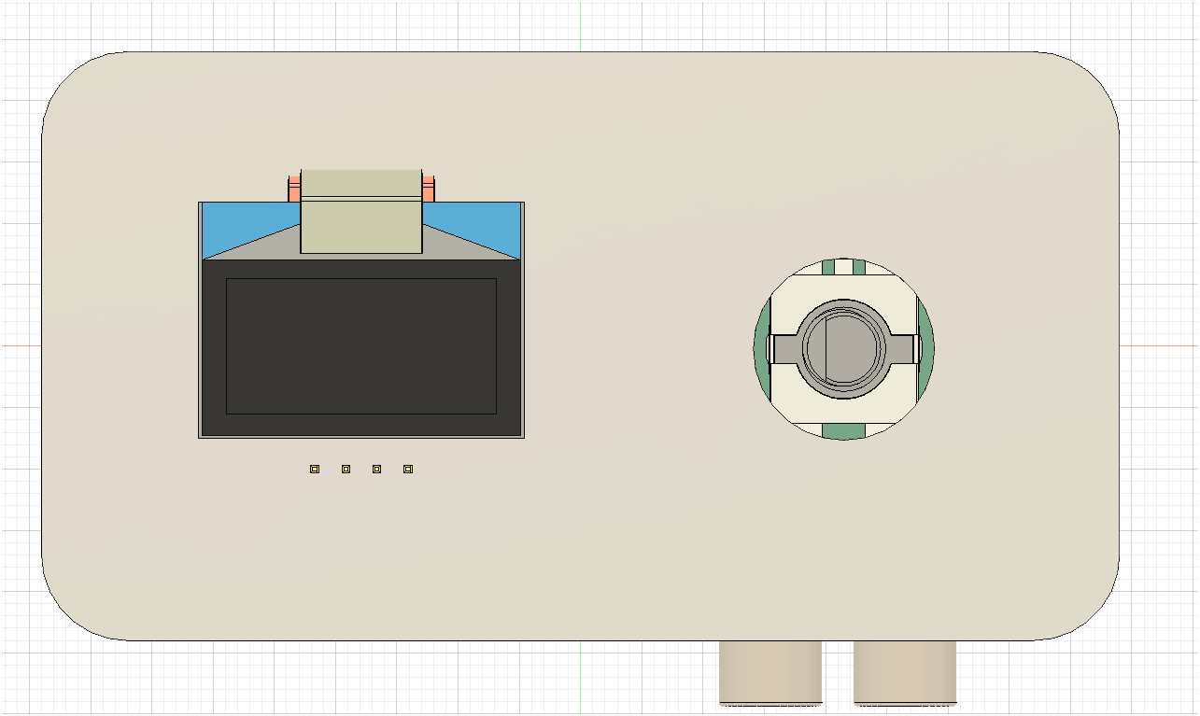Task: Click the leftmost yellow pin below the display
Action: [x=315, y=469]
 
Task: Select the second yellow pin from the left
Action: [x=346, y=469]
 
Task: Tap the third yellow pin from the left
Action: [x=376, y=469]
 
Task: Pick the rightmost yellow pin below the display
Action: [x=408, y=469]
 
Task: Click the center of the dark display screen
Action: [x=360, y=346]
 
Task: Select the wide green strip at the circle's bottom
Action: [x=843, y=431]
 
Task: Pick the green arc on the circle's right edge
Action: [x=926, y=347]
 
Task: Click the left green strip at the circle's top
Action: [x=827, y=267]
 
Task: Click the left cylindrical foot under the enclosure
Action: [x=769, y=671]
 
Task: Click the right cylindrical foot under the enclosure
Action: [x=904, y=671]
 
